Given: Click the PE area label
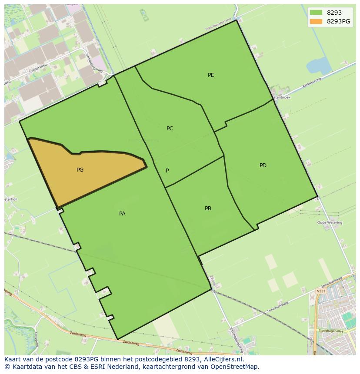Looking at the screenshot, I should pos(211,75).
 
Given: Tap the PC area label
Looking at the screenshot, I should pos(170,129).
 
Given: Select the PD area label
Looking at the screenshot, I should pos(263,165).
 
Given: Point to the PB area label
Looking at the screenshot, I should pos(208,209).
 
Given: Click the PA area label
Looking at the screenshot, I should pos(122,214).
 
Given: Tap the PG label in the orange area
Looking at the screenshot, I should pos(80,170).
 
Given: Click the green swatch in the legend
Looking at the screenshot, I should pos(316,13).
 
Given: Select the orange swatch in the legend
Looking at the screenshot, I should pos(316,21).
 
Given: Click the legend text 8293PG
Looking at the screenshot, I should pos(338,21).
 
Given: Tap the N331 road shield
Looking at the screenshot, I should pos(320,291).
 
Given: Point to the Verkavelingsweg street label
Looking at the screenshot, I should pos(93,63).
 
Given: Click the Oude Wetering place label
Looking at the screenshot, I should pos(330,222).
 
